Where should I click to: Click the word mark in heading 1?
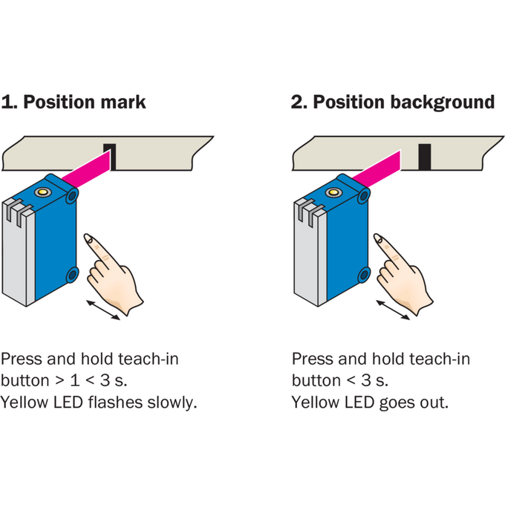(123, 102)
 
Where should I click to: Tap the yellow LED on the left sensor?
(42, 192)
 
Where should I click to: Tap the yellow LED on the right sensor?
(333, 192)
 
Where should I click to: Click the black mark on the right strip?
(425, 157)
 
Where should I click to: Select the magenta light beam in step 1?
(87, 169)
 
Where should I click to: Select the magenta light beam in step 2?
(377, 169)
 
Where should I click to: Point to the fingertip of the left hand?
(88, 238)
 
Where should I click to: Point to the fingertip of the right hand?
(377, 238)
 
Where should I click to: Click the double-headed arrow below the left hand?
(103, 310)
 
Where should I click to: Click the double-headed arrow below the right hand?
(393, 310)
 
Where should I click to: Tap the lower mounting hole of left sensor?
(73, 275)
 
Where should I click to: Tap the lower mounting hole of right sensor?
(364, 275)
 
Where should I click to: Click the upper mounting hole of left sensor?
(72, 195)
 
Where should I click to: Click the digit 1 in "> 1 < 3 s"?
(75, 380)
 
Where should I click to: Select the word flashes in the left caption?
(115, 403)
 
